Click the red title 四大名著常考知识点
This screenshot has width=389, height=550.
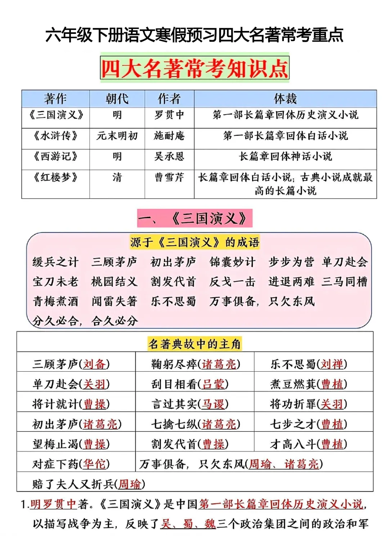[x=194, y=68]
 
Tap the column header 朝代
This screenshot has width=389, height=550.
[x=117, y=99]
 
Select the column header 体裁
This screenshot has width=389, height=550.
[x=285, y=99]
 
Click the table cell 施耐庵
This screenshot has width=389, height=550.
[x=169, y=136]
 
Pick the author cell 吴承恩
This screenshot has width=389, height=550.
[x=169, y=156]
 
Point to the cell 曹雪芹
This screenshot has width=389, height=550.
[x=169, y=177]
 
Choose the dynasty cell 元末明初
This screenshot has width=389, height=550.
[x=117, y=136]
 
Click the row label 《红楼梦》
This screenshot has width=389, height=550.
[x=55, y=177]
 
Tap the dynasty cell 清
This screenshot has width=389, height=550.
[x=117, y=177]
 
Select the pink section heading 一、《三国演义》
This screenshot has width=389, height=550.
[x=194, y=218]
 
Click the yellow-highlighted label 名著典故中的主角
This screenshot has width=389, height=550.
[x=194, y=344]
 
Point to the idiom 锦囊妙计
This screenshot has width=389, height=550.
[x=232, y=262]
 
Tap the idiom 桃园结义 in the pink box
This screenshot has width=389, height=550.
[x=114, y=281]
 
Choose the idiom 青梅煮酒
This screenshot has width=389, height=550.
[x=55, y=301]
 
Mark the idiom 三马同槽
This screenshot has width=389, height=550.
[x=345, y=281]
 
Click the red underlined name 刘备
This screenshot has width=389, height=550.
[x=94, y=364]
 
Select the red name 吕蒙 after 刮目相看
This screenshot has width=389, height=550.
[x=213, y=384]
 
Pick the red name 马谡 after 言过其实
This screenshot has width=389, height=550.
[x=213, y=404]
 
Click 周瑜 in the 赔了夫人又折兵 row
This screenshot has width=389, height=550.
[x=130, y=484]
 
